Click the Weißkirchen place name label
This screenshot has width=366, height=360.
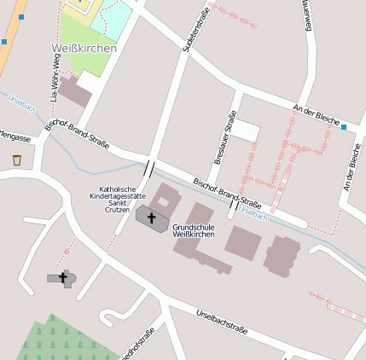point(84,49)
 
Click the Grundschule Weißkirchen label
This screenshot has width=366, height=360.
point(193,230)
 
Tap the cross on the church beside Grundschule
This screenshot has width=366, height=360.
point(153,218)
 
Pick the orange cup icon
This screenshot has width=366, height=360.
point(17,160)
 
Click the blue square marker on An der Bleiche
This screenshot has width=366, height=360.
point(344,128)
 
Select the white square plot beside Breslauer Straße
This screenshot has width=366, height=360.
point(246,131)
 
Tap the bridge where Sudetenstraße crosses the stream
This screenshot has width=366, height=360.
point(150,168)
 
